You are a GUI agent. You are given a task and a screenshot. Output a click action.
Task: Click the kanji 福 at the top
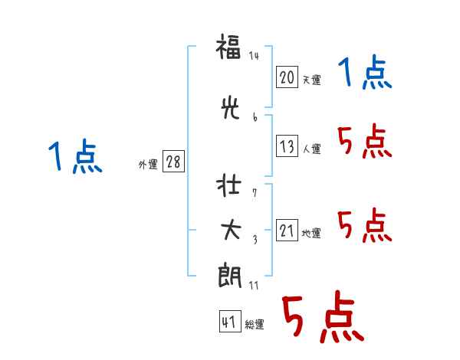[x=228, y=47]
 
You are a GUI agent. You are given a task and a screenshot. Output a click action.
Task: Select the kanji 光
[x=230, y=108]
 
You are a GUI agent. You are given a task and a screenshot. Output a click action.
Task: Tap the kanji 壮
[x=228, y=185]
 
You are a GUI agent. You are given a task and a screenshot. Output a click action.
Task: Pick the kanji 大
[x=231, y=231]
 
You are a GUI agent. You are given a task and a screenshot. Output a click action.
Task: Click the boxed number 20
[x=287, y=77]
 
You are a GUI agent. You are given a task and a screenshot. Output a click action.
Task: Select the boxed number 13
[x=287, y=146]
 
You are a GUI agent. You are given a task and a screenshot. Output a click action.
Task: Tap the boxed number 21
[x=287, y=230]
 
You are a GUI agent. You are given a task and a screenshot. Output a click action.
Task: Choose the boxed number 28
[x=173, y=162]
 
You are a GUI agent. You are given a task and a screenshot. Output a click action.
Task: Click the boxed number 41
[x=230, y=321]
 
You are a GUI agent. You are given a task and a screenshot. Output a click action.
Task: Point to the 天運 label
[x=311, y=80]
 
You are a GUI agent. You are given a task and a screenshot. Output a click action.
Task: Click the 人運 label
[x=311, y=149]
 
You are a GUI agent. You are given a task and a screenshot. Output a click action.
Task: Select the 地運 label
[x=311, y=234]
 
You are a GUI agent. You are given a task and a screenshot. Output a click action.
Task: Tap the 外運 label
[x=148, y=165]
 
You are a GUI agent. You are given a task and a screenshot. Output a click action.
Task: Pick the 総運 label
[x=255, y=324]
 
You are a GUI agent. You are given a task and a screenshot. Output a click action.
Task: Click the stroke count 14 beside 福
[x=254, y=56]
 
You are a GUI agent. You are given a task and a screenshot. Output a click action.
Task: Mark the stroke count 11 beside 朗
[x=254, y=286]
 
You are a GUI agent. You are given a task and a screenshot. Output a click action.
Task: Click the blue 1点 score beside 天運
[x=365, y=72]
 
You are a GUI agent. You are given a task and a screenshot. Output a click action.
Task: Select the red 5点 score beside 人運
[x=365, y=141]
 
